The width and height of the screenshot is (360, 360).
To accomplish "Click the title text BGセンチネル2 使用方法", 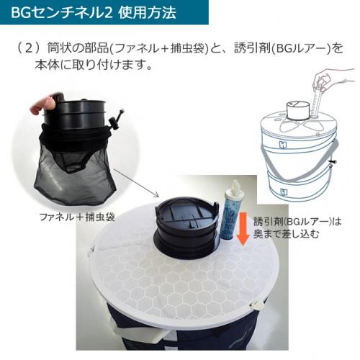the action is tap(94, 13).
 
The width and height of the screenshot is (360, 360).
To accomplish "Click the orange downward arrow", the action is tap(243, 229).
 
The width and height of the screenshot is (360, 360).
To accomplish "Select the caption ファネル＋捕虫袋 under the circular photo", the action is tap(77, 217).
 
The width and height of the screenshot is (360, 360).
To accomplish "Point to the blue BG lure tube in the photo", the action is tap(227, 215).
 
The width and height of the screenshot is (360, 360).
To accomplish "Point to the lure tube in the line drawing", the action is tap(317, 101).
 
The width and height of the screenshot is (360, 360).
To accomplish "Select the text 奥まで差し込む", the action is tap(286, 234).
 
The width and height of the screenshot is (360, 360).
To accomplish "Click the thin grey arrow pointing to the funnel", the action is tap(136, 183).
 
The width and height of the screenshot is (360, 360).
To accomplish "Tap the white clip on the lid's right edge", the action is tap(257, 305).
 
